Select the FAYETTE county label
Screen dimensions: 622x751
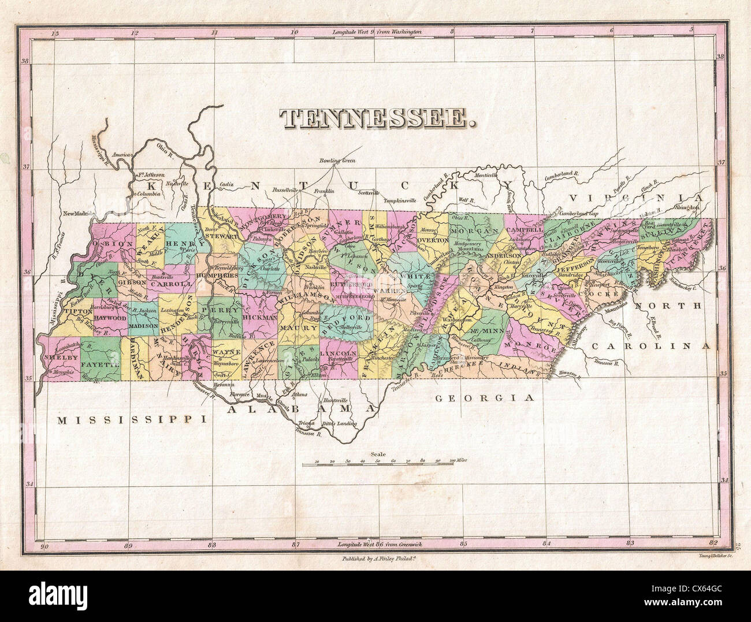pos(100,365)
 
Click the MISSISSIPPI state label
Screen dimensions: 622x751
pos(132,420)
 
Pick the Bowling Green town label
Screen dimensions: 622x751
pos(338,161)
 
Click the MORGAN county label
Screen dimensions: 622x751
pos(473,230)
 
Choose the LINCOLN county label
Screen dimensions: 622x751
pos(338,353)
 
